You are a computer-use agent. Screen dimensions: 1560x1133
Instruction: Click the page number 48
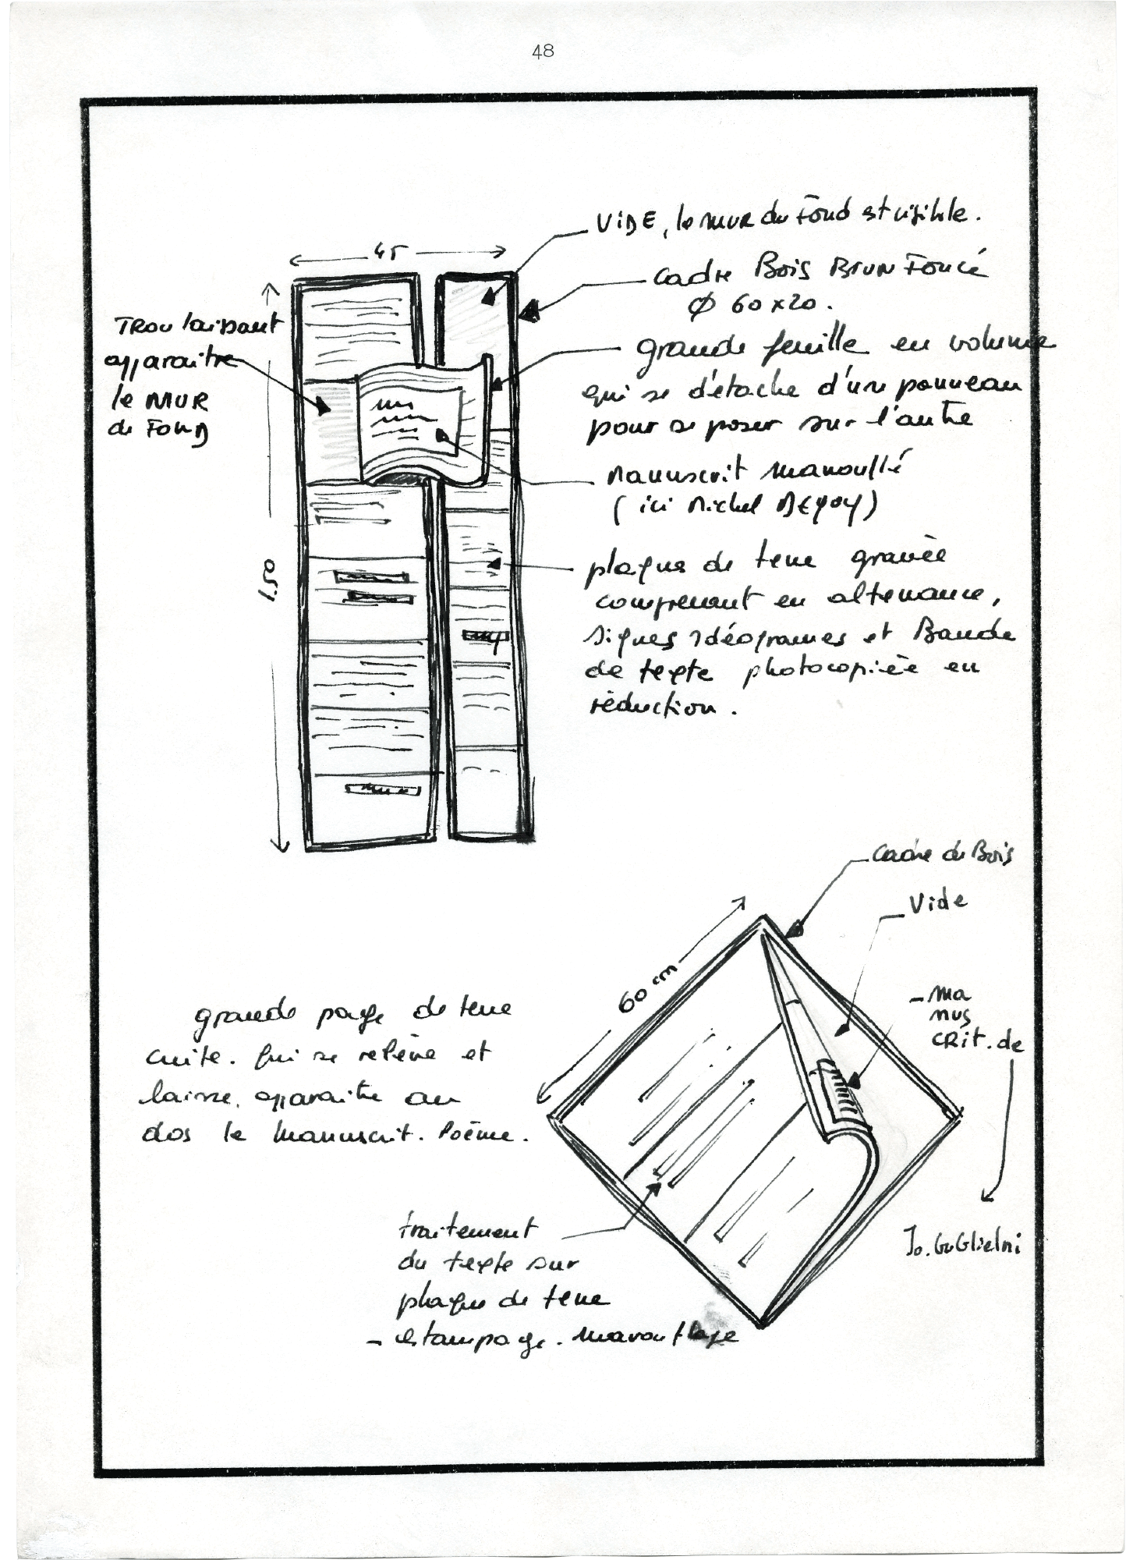543,51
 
